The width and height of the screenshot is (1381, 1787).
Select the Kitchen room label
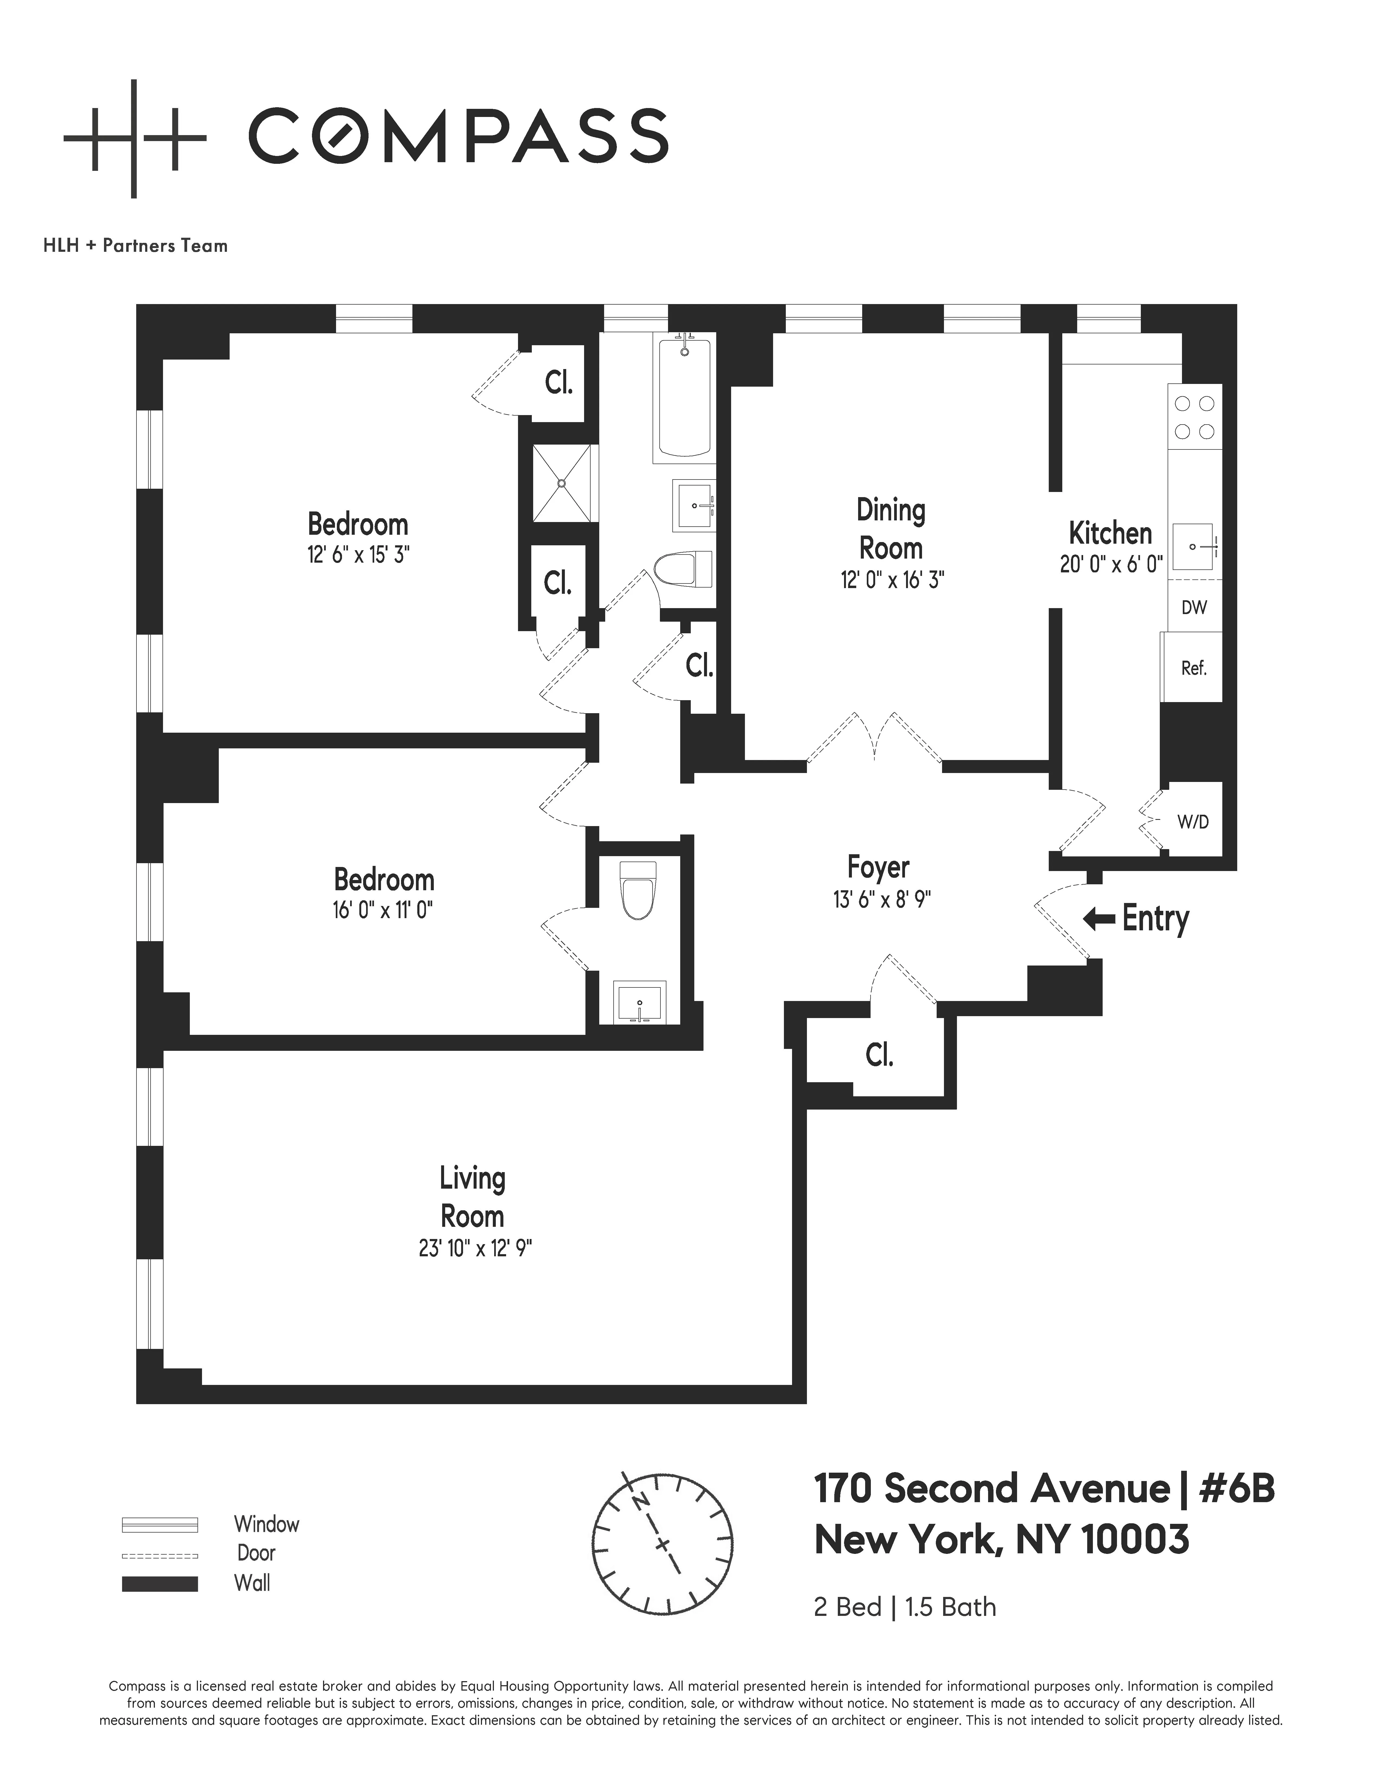coord(1110,533)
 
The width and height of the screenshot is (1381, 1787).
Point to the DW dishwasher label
coord(1194,607)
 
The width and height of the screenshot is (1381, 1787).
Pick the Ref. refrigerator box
coord(1194,668)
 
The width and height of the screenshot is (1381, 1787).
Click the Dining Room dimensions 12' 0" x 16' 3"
coord(892,580)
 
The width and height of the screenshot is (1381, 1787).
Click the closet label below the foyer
coord(880,1055)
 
